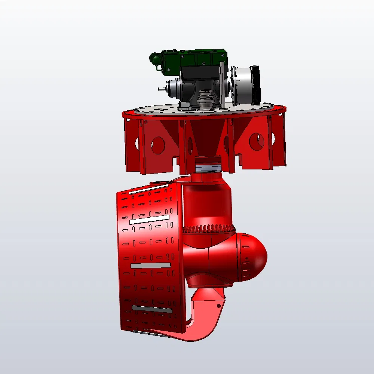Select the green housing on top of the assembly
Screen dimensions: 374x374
[194, 60]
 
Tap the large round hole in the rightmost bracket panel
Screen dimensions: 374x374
[257, 142]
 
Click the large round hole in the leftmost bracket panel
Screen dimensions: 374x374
[158, 144]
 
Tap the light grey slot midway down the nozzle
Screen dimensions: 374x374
[151, 265]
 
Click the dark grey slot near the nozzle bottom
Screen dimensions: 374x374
[152, 309]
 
